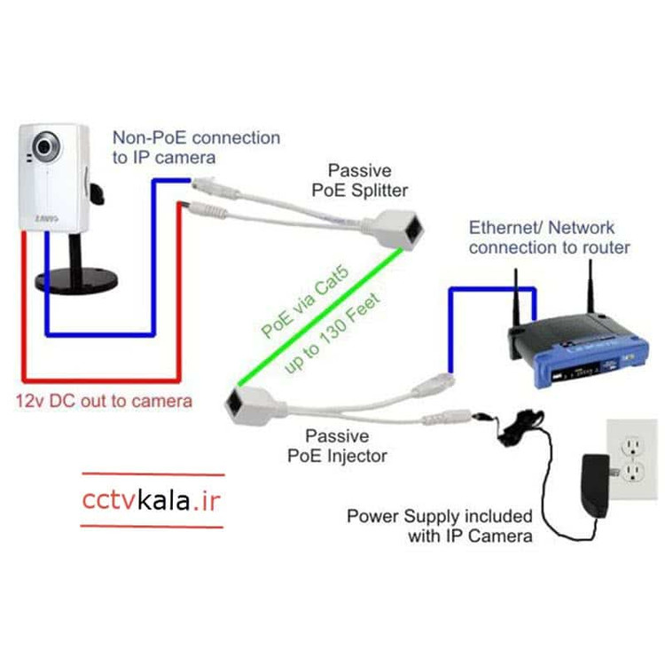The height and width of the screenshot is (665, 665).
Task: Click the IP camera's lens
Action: (43, 145)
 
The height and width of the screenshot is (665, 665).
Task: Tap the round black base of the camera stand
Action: (74, 282)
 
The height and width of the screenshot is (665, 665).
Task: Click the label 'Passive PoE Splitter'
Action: (367, 179)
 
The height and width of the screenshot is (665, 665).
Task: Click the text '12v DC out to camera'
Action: (103, 401)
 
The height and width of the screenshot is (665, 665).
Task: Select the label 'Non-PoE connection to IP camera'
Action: (195, 147)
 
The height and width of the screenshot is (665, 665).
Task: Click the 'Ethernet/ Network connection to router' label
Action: (549, 237)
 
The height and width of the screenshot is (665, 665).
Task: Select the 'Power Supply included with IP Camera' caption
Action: (439, 525)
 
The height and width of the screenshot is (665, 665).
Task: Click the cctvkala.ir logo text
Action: (151, 501)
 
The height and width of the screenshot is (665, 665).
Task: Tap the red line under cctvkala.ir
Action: (152, 527)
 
